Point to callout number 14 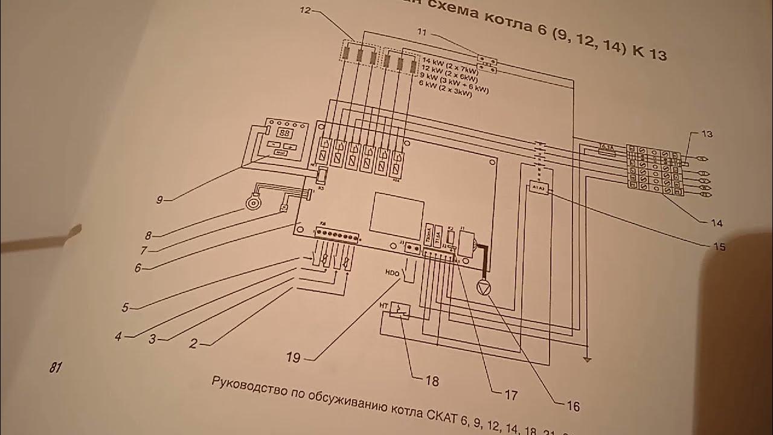716,223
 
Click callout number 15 718,246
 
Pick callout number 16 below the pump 573,407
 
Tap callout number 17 511,396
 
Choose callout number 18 432,381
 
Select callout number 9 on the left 159,199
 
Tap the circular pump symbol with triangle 484,288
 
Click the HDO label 391,273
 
